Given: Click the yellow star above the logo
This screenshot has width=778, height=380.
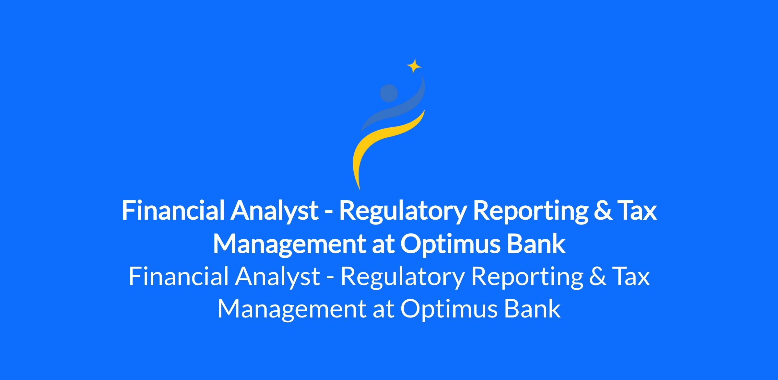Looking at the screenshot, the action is tap(414, 66).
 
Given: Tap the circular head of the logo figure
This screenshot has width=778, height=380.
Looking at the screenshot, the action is tap(389, 93).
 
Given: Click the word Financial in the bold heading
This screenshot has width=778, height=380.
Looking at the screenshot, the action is tap(173, 211).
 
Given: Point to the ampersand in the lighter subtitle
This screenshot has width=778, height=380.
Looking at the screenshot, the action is tap(598, 277).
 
